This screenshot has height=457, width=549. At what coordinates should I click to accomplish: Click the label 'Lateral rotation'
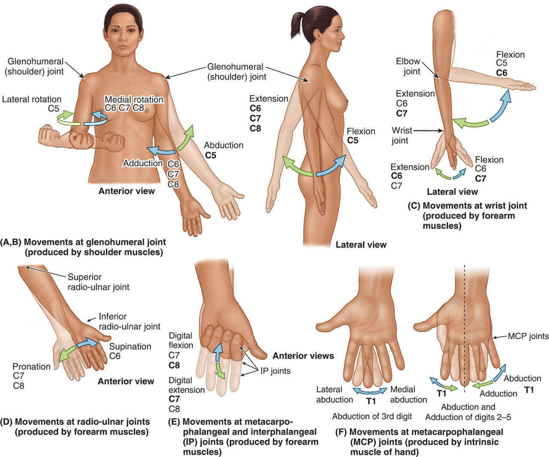click(32, 99)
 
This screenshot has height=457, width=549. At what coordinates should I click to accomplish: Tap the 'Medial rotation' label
click(134, 99)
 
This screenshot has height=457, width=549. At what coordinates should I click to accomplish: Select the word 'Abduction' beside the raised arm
click(223, 145)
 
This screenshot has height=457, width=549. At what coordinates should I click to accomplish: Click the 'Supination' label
click(130, 346)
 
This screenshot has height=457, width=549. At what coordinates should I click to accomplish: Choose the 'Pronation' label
click(31, 367)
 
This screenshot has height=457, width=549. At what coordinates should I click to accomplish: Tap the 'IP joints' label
click(275, 371)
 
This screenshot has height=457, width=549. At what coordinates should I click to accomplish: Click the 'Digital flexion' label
click(181, 340)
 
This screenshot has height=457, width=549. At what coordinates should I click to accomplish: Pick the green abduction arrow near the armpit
click(186, 136)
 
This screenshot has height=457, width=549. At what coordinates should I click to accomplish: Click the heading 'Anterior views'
click(303, 355)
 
